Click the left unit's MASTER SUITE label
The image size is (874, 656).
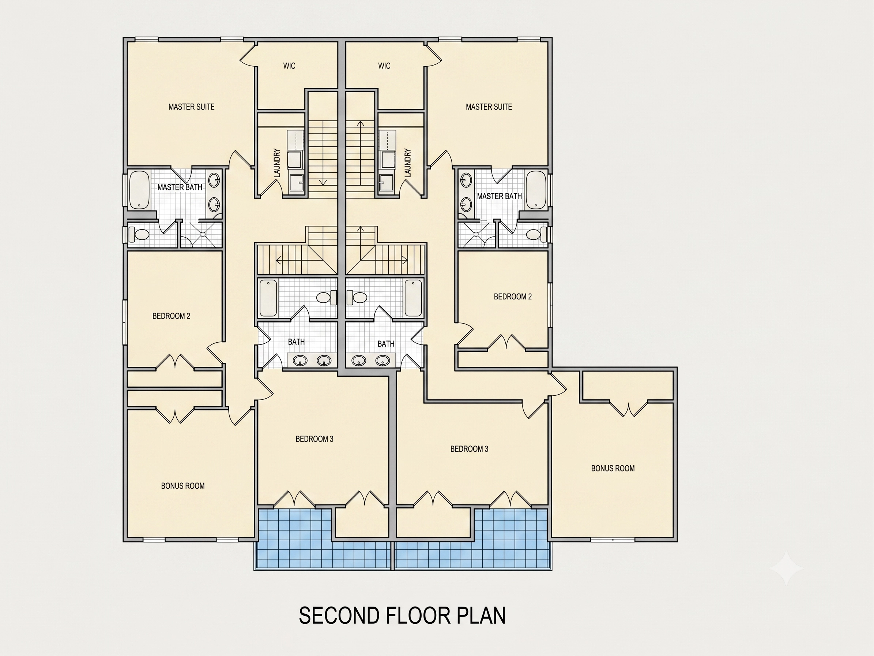coord(191,107)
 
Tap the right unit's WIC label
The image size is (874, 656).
coord(384,66)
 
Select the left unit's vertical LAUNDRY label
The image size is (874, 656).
coord(276,163)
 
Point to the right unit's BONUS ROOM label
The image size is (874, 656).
coord(613,468)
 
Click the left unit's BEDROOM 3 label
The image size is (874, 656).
coord(314,439)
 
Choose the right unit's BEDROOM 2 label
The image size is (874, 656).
coord(513,297)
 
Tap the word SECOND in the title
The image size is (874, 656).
coord(339,616)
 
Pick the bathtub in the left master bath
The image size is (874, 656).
coord(139,190)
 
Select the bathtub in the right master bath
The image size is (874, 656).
coord(536,190)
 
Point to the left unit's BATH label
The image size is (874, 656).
coord(296,342)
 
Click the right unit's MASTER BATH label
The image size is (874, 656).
coord(500,196)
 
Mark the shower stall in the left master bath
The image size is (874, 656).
coord(201,235)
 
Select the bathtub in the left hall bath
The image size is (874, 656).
coord(268,298)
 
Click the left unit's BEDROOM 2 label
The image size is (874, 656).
coord(171,316)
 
